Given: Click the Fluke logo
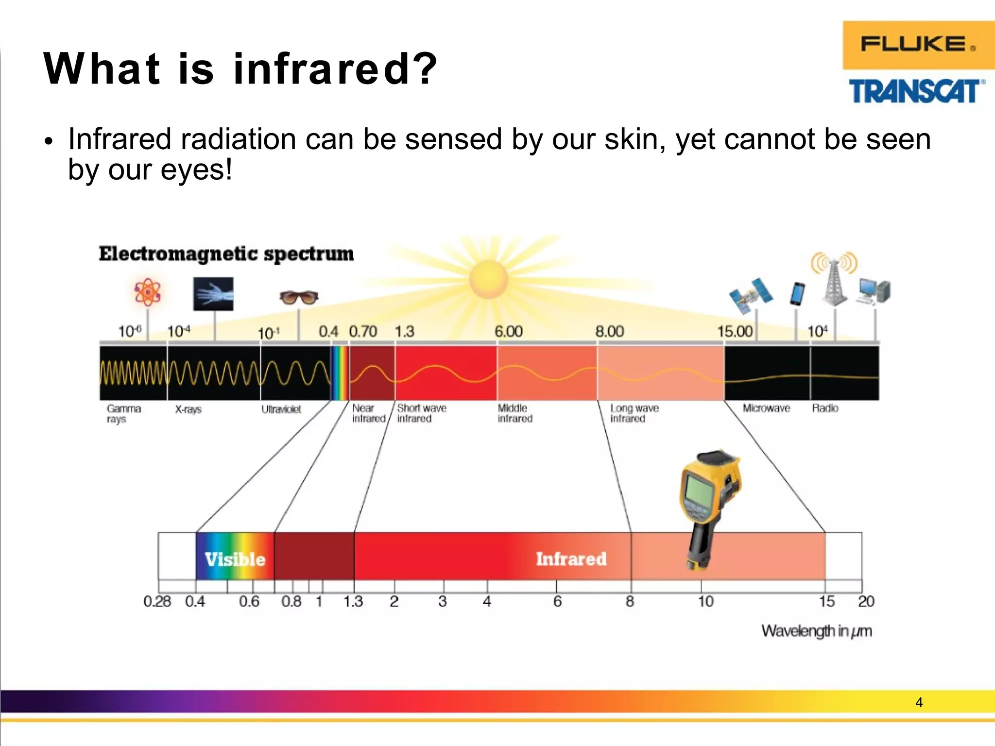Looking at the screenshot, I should (x=917, y=45).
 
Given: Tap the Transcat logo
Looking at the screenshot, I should (x=916, y=91).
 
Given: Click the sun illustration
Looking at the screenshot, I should (x=488, y=279).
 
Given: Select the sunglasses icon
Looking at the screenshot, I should (x=299, y=297).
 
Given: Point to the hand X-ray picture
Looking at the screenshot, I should (x=213, y=294).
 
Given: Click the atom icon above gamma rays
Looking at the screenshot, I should (x=147, y=292).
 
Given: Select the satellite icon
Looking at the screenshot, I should (x=751, y=295).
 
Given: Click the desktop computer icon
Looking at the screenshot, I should (x=875, y=291).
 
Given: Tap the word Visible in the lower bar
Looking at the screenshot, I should (x=235, y=559).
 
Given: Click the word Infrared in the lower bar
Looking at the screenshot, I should (x=571, y=559).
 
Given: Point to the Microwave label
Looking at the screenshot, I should (x=766, y=408).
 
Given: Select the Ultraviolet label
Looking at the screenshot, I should (x=281, y=409).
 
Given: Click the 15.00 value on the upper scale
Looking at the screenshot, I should (x=735, y=332).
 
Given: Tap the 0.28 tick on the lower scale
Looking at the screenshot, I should (x=157, y=602).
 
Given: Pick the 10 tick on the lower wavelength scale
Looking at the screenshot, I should (x=705, y=602).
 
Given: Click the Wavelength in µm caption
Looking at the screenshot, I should (x=816, y=631).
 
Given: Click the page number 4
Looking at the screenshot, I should (x=919, y=702).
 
